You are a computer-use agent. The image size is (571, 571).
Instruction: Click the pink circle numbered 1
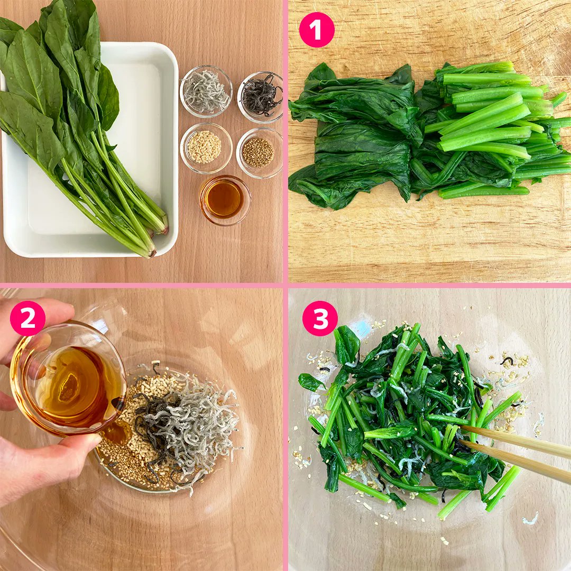pyautogui.click(x=317, y=29)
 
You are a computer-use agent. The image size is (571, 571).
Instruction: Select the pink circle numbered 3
pyautogui.click(x=320, y=319)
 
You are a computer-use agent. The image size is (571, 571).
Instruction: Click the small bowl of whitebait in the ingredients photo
pyautogui.click(x=206, y=91)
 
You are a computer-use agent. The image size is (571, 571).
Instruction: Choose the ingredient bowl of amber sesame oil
pyautogui.click(x=225, y=200)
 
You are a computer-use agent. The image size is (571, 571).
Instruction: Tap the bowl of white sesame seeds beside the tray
pyautogui.click(x=206, y=148)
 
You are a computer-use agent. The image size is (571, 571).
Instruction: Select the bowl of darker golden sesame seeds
pyautogui.click(x=259, y=153)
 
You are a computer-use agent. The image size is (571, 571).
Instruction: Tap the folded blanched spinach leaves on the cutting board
pyautogui.click(x=357, y=135)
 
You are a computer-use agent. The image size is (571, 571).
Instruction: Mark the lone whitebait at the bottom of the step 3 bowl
pyautogui.click(x=530, y=518)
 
